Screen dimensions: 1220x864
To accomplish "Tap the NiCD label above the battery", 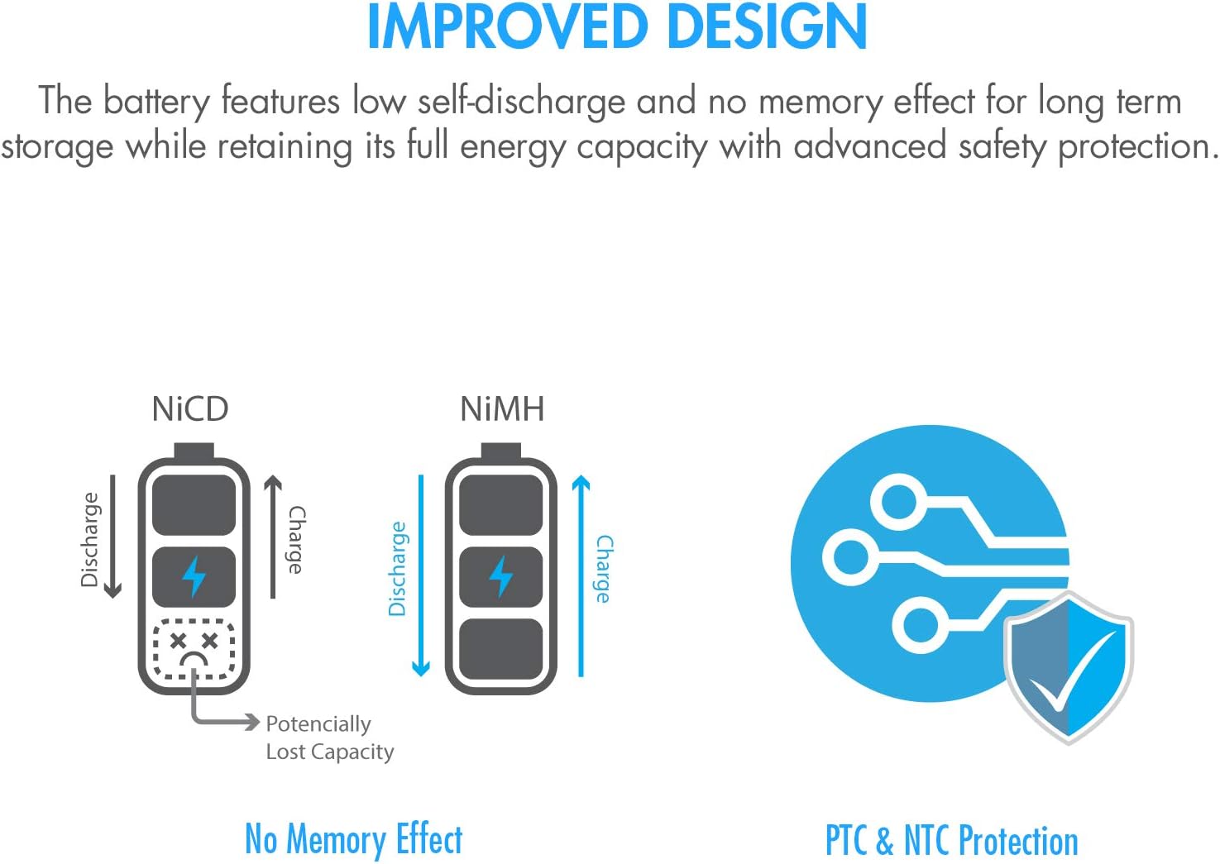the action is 190,409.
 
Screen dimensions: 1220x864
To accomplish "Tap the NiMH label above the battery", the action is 502,409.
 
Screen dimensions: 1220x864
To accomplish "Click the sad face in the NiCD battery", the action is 194,649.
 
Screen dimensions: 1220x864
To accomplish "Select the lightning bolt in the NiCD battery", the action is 194,577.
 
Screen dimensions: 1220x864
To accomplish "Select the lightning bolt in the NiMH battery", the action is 501,577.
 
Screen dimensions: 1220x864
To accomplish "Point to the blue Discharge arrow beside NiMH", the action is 420,575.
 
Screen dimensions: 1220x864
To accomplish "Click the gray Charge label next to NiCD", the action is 296,540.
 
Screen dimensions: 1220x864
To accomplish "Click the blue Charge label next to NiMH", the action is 604,568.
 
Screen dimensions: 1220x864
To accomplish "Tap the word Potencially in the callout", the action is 318,724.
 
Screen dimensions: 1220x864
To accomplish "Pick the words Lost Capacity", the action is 330,752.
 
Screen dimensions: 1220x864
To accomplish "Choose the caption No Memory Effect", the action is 353,839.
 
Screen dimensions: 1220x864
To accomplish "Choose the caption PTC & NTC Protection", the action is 951,841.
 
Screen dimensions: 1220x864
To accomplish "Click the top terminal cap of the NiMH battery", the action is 501,451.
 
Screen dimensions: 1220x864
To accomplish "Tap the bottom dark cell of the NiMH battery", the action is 501,650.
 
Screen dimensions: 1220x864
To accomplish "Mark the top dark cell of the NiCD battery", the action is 194,504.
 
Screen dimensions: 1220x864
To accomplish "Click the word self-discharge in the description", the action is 521,101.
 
